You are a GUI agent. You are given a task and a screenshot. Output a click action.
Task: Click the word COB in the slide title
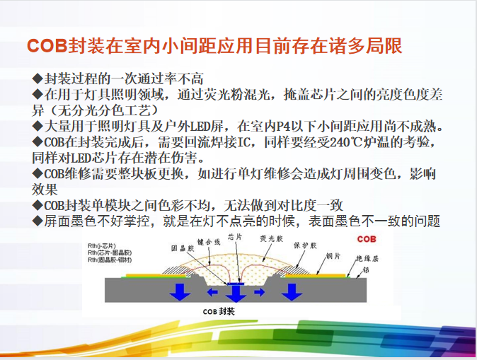click(x=47, y=46)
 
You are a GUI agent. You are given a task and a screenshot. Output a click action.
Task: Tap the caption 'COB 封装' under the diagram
click(x=217, y=310)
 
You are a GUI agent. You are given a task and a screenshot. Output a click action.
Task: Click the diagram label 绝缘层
click(x=364, y=258)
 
